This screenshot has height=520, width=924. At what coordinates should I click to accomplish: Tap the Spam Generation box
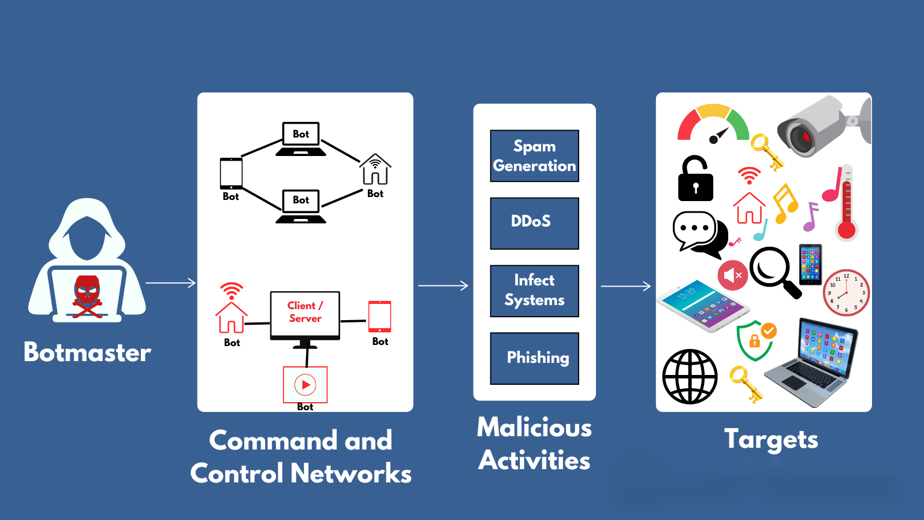(x=534, y=156)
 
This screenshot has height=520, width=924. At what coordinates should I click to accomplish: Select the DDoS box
(x=534, y=223)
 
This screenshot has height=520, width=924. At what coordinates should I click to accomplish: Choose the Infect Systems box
(x=534, y=291)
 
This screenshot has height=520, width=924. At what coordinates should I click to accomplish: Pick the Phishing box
(x=534, y=358)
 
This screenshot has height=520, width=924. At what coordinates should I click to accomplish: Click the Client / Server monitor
(x=305, y=314)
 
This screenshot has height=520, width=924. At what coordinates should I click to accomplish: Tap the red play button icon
(x=305, y=384)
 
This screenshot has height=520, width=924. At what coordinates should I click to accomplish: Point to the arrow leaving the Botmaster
(x=171, y=283)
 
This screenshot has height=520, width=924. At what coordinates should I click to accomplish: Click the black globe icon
(x=690, y=377)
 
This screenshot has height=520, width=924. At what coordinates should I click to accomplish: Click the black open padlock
(x=695, y=180)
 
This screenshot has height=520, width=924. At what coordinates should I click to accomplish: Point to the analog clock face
(x=846, y=292)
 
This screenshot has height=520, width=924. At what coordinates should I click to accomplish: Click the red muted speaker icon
(x=732, y=275)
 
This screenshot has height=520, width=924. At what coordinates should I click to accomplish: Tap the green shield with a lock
(x=754, y=341)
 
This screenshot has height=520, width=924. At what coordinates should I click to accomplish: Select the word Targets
(x=771, y=440)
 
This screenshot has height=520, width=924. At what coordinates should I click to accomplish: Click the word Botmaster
(x=87, y=352)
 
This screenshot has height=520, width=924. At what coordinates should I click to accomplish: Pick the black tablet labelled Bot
(x=231, y=173)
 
